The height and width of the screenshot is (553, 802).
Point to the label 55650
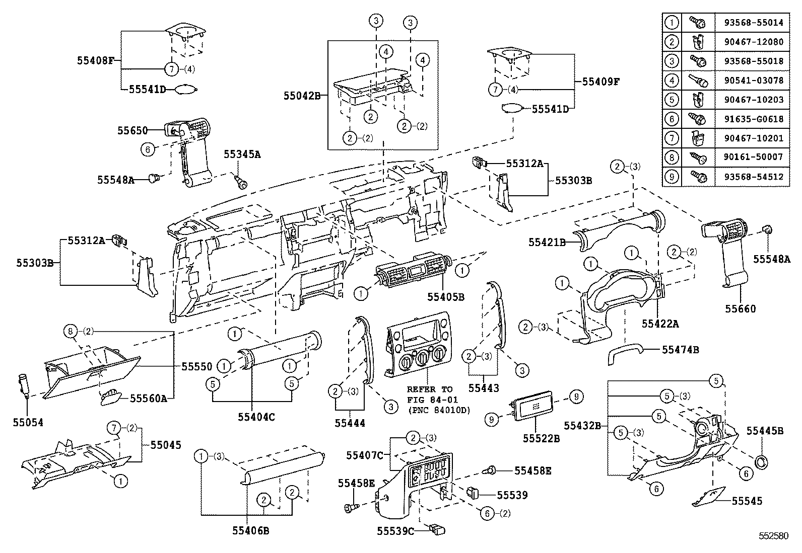(132, 130)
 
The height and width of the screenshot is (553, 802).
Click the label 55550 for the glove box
(196, 367)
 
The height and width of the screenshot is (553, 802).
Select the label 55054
(28, 423)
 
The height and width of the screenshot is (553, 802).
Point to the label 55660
(741, 308)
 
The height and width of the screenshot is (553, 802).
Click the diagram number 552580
(773, 536)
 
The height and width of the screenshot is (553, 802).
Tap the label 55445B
(765, 431)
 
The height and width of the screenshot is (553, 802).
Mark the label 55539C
(395, 530)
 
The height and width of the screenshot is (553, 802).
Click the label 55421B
(547, 242)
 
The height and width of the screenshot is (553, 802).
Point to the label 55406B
(250, 530)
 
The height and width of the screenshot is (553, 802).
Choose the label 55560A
(149, 398)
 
